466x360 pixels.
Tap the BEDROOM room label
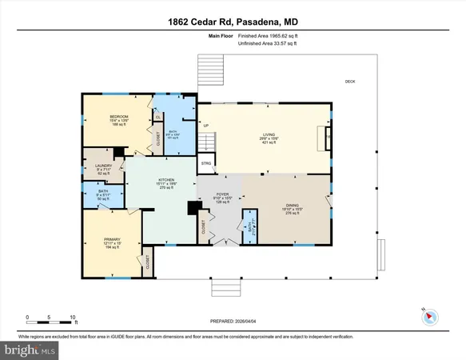point(121,117)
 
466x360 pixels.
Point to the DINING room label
point(293,206)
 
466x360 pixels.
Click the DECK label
point(350,82)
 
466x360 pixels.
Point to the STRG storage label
point(205,163)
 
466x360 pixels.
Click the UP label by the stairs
point(205,126)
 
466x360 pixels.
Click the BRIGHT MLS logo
point(31,350)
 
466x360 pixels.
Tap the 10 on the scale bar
point(73,317)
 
